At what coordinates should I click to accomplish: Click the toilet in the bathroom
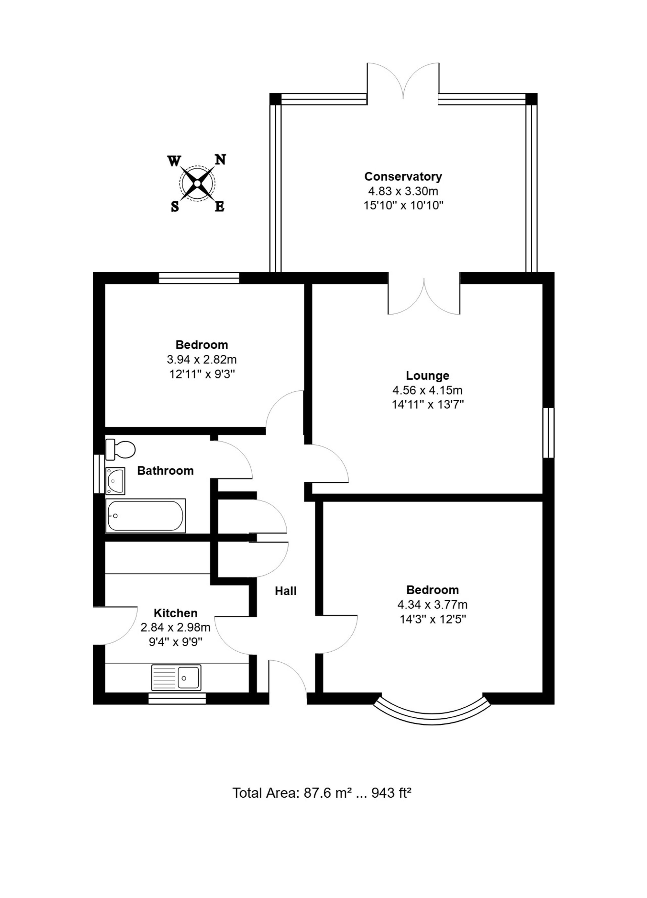(x=120, y=449)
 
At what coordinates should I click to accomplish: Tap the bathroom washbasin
(x=115, y=481)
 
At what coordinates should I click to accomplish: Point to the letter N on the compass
(x=220, y=159)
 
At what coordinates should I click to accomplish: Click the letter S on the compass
(x=174, y=206)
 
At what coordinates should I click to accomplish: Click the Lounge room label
(x=427, y=376)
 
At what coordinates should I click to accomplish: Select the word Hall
(x=286, y=591)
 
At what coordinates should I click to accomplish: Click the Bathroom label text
(x=165, y=470)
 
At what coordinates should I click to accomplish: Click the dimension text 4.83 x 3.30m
(x=403, y=191)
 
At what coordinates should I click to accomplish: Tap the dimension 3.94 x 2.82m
(x=202, y=360)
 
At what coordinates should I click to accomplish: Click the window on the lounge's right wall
(x=548, y=433)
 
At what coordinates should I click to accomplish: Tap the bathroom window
(x=99, y=474)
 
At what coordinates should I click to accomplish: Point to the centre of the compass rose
(x=197, y=183)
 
